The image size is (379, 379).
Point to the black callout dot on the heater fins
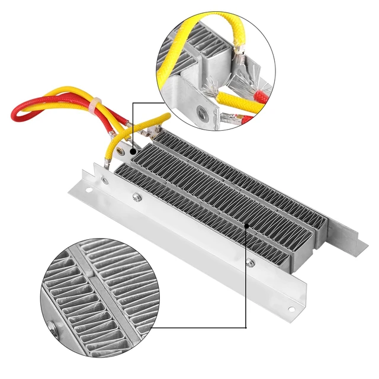tap(246, 225)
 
